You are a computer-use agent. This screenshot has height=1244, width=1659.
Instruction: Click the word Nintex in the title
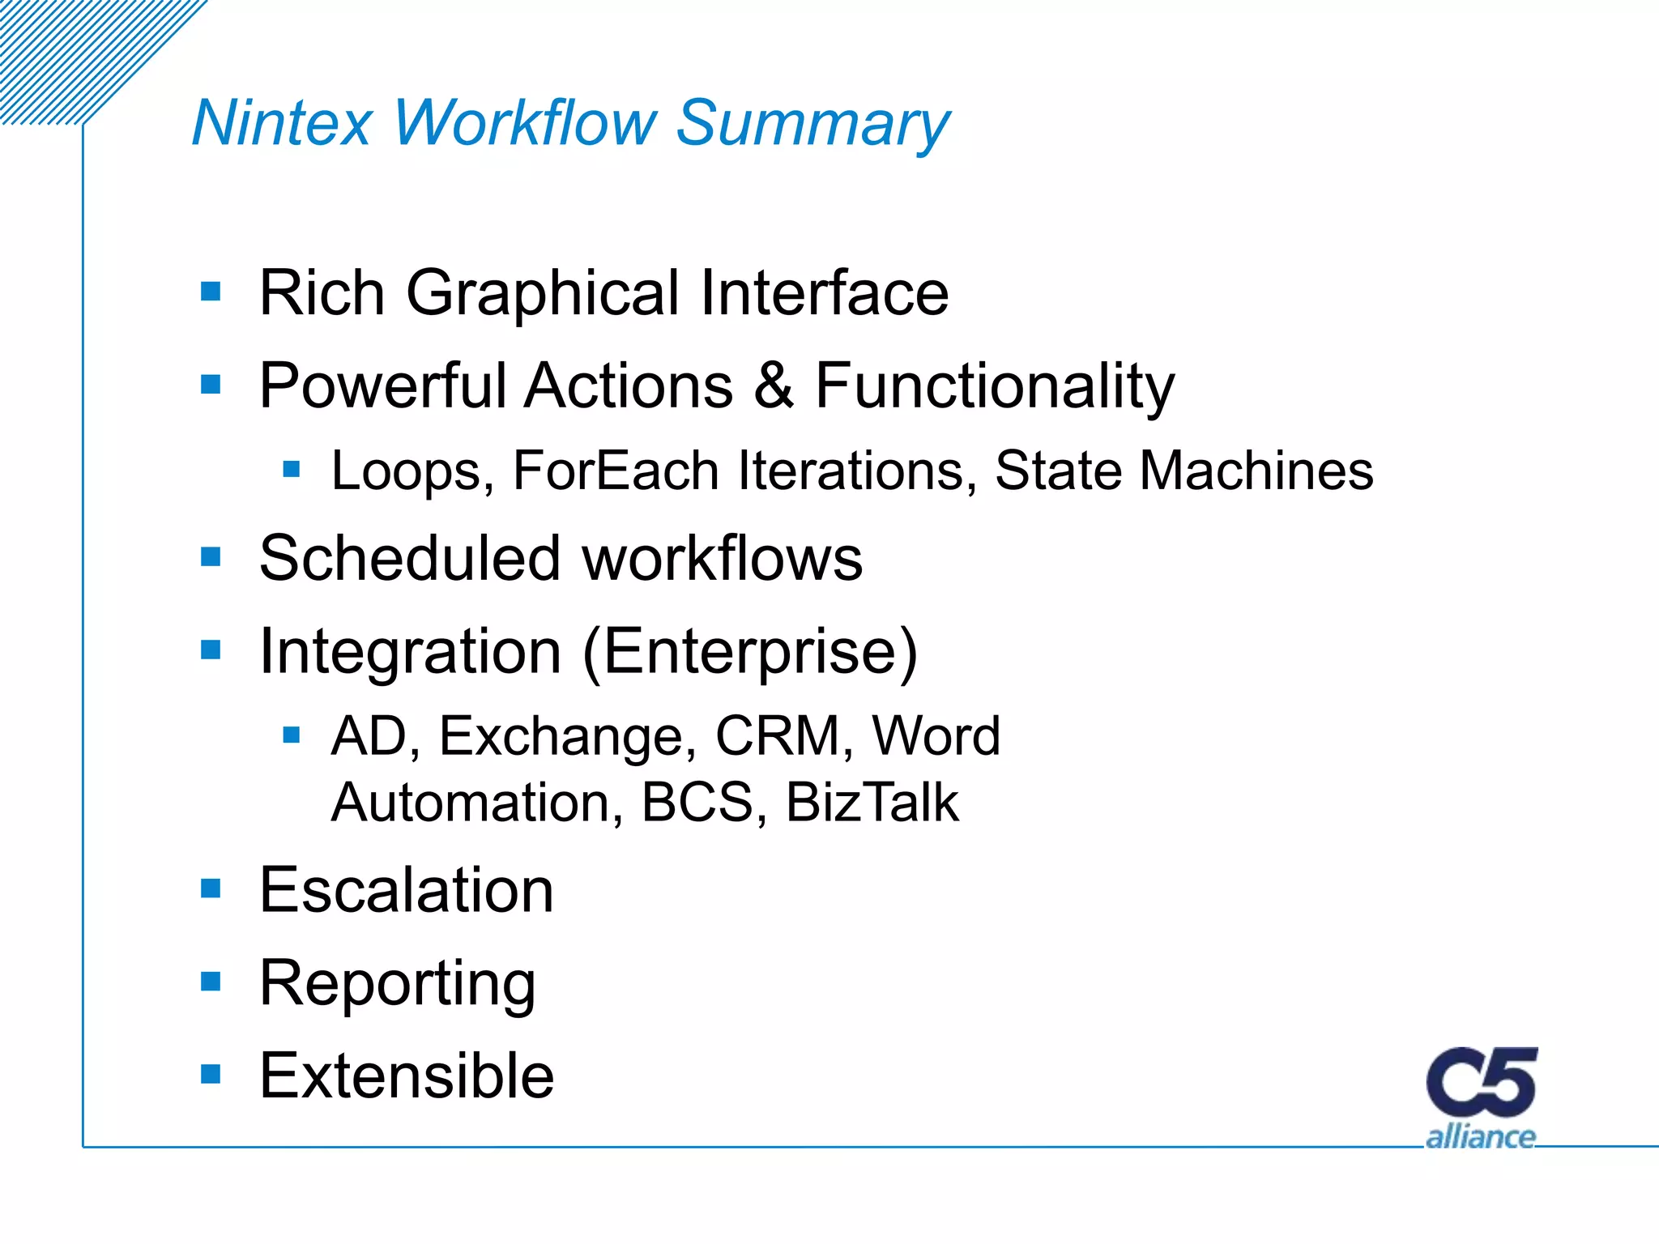pyautogui.click(x=281, y=123)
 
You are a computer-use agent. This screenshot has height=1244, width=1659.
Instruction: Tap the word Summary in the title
pyautogui.click(x=812, y=123)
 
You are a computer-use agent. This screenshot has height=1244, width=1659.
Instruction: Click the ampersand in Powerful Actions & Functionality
pyautogui.click(x=774, y=386)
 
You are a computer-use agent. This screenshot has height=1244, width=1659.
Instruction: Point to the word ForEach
pyautogui.click(x=616, y=471)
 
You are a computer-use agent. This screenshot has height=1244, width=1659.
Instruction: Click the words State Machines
pyautogui.click(x=1183, y=471)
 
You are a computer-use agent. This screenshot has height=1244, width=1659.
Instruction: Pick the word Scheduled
pyautogui.click(x=409, y=558)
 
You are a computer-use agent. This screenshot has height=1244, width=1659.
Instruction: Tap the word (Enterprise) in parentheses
pyautogui.click(x=750, y=651)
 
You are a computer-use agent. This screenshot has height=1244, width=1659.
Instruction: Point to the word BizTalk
pyautogui.click(x=872, y=802)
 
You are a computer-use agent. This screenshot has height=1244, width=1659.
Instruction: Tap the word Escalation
pyautogui.click(x=406, y=890)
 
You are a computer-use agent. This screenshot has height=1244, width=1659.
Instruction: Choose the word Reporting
pyautogui.click(x=397, y=983)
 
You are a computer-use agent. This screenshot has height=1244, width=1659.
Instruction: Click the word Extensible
pyautogui.click(x=406, y=1076)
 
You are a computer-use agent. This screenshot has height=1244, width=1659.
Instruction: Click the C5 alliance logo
pyautogui.click(x=1481, y=1097)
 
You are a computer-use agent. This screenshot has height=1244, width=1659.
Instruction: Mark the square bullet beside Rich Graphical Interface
pyautogui.click(x=211, y=292)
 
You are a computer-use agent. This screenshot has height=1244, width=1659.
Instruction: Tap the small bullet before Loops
pyautogui.click(x=292, y=469)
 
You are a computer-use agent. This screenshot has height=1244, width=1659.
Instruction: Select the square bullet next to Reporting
pyautogui.click(x=211, y=982)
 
